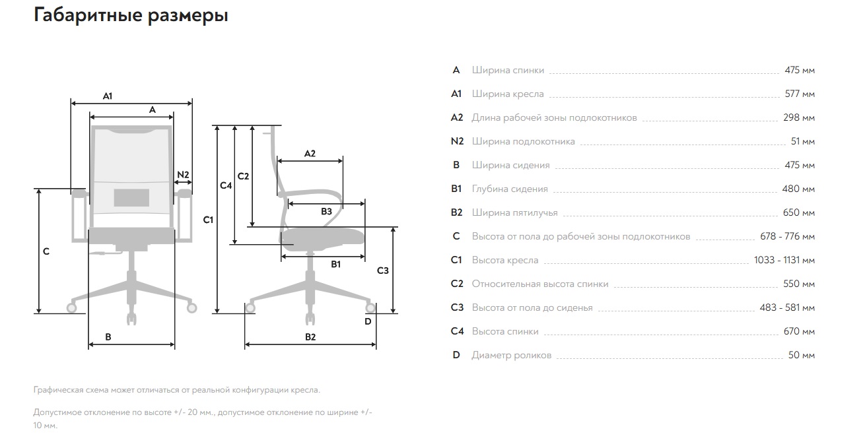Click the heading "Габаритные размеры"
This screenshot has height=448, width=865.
coord(131,15)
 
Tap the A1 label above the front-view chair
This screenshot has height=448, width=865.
coord(108,96)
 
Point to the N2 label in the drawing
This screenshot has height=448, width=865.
coord(183,175)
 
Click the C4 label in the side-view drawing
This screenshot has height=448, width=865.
coord(226,185)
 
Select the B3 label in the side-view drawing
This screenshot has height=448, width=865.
coord(326,211)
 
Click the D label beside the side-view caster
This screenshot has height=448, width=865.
coord(368,321)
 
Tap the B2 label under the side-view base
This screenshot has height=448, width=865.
coord(310,337)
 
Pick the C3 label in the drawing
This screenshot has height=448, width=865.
coord(383,271)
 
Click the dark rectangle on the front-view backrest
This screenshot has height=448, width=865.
coord(131,197)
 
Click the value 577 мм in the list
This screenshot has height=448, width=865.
coord(800,94)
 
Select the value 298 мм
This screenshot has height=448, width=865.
coord(799,117)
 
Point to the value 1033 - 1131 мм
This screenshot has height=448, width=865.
coord(784,260)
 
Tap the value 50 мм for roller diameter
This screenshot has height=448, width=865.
coord(802,355)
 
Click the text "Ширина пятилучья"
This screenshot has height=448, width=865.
coord(515,212)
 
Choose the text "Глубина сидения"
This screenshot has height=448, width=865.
coord(510,189)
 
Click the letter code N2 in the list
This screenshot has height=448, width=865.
coord(457,141)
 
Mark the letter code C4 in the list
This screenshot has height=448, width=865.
coord(457,331)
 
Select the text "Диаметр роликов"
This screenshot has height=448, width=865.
coord(512,355)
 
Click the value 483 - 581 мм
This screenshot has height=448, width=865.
coord(787,307)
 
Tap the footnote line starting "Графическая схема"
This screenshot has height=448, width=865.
coord(177,390)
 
